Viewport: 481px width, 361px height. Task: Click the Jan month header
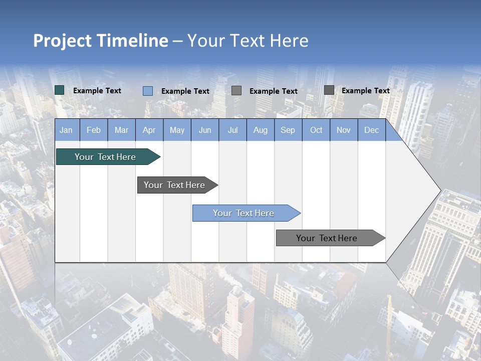(66, 130)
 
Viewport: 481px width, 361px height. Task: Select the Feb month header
(94, 130)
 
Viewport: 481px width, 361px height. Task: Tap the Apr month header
(149, 130)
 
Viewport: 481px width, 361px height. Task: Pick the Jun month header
(205, 130)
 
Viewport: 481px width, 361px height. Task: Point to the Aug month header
(260, 130)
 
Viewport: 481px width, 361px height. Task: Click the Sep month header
(288, 130)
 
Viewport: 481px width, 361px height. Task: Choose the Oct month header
(316, 130)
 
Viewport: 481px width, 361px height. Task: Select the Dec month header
(371, 130)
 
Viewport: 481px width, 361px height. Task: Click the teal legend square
(60, 90)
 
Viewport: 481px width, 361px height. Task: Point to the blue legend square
(148, 91)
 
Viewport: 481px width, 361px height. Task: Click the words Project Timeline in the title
(101, 41)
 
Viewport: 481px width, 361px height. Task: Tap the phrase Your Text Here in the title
(248, 41)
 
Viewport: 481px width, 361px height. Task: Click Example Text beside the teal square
(97, 91)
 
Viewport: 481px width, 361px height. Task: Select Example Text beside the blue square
(185, 91)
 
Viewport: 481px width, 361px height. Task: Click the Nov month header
(344, 130)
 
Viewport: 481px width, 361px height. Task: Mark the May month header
(177, 130)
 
